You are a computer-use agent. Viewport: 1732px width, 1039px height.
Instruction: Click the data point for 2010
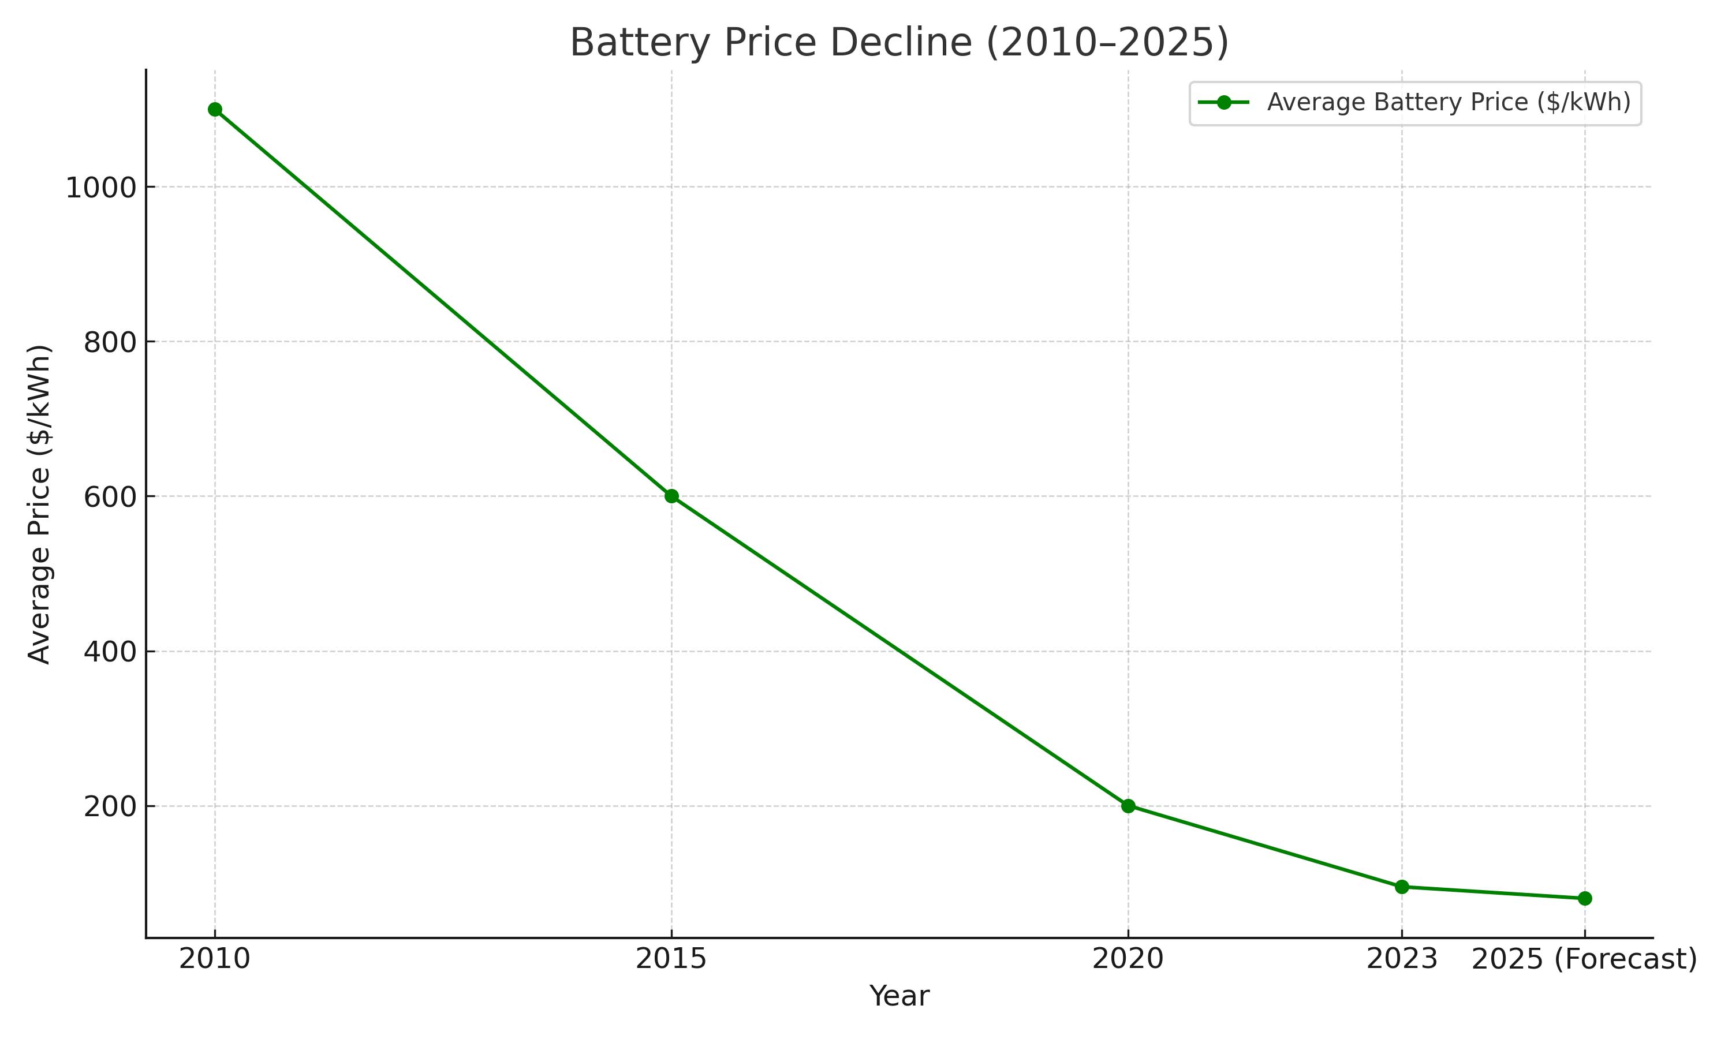point(215,109)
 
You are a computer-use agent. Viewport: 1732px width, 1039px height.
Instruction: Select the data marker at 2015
point(671,496)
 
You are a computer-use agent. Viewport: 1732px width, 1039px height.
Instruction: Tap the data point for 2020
point(1128,806)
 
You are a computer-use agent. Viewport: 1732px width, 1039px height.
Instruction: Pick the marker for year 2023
point(1402,887)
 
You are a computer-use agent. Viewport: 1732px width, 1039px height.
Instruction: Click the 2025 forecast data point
point(1585,898)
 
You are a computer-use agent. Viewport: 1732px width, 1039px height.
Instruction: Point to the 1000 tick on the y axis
point(100,188)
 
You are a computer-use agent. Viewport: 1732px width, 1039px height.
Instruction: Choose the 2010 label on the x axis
point(215,959)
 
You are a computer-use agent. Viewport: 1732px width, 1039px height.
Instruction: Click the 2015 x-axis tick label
point(671,959)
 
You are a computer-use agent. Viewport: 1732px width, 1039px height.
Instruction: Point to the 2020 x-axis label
point(1128,959)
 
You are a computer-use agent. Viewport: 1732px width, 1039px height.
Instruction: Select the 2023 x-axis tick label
point(1402,959)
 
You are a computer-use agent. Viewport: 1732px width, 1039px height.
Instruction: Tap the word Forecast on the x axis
point(1626,959)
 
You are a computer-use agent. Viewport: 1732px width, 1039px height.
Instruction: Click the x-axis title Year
point(899,996)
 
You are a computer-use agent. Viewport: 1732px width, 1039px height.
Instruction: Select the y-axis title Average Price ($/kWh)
point(39,504)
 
